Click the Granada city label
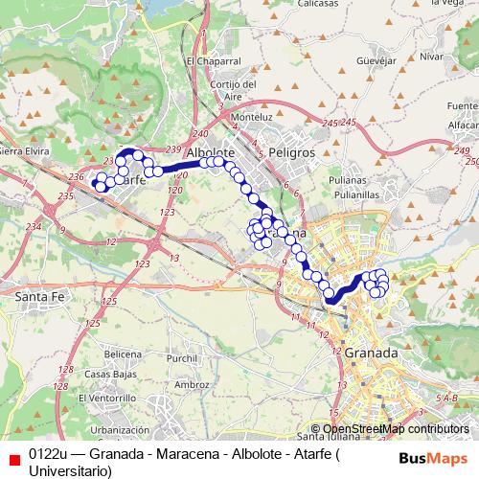click(373, 353)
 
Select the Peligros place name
click(291, 152)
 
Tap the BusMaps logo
click(427, 457)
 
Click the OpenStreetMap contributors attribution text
click(396, 429)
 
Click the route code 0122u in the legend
click(48, 454)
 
